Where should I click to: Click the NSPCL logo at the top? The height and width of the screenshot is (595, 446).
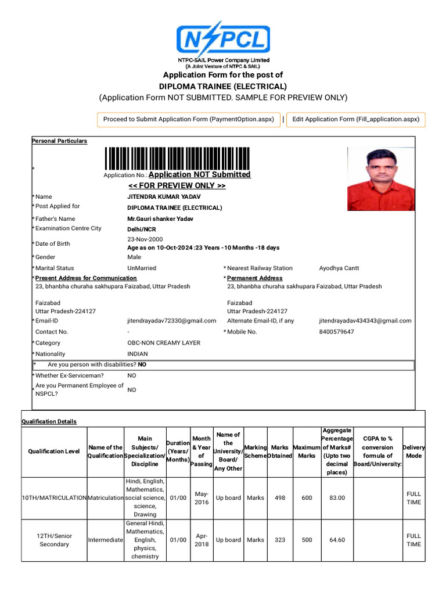coord(223,38)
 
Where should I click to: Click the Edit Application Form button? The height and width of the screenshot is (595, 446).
coord(355,119)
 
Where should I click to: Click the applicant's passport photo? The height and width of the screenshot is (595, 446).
coord(381,179)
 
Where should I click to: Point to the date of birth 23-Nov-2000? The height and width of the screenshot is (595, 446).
coord(145,239)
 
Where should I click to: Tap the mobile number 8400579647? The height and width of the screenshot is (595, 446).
coord(336,332)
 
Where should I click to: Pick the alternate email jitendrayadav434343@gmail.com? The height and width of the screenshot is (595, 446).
coord(365,321)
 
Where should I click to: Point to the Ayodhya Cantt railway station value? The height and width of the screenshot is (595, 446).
coord(339,268)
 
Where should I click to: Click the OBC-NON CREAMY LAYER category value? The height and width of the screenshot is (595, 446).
coord(164,343)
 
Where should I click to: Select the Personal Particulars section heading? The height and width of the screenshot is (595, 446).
coord(59,141)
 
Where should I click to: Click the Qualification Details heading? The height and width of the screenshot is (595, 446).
coord(49,421)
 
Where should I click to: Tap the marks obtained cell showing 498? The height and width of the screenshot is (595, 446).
coord(280,498)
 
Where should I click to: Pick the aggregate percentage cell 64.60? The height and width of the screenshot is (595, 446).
coord(337,540)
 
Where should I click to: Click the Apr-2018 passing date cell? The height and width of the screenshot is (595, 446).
coord(202,540)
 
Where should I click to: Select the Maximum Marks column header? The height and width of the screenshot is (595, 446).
coord(307,451)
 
